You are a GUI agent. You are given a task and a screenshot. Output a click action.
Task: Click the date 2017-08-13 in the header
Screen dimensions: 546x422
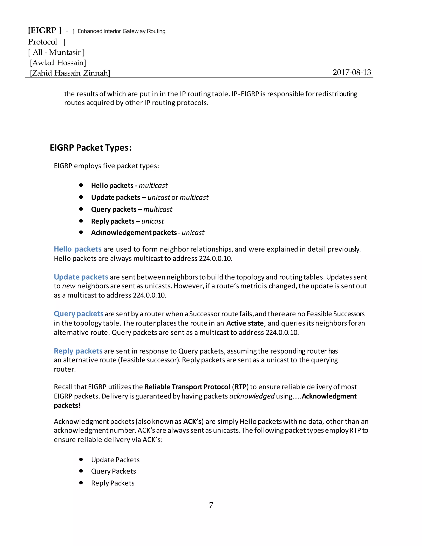(352, 73)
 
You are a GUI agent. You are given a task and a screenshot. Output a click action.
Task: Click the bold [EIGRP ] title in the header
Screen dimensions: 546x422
(45, 30)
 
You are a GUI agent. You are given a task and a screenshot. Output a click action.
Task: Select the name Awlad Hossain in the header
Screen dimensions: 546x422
(58, 63)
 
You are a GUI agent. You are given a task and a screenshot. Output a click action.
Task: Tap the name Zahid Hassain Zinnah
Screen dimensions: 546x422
(70, 73)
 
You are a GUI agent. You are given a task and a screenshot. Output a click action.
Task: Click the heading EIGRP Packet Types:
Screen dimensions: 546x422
(90, 148)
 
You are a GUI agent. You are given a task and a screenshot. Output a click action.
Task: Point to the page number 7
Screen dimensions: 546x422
(211, 505)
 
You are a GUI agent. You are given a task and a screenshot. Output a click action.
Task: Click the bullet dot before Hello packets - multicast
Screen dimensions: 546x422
(81, 185)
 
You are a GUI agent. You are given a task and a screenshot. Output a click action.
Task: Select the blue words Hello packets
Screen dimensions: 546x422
(77, 249)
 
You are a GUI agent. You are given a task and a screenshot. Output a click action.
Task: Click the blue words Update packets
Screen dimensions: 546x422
(81, 277)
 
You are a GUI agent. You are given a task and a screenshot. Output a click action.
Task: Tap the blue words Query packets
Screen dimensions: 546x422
(79, 314)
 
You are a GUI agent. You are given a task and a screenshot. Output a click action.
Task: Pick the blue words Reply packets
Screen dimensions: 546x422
(78, 351)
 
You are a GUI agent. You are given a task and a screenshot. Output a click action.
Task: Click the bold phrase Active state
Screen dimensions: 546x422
(245, 323)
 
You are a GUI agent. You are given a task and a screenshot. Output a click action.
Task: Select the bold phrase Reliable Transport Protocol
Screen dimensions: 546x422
(187, 387)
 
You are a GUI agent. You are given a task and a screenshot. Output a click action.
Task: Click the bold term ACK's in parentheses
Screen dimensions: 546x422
(192, 422)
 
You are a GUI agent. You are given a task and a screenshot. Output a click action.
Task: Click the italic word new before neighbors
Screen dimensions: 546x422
(68, 286)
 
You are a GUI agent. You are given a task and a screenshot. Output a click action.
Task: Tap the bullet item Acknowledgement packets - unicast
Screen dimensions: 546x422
(148, 233)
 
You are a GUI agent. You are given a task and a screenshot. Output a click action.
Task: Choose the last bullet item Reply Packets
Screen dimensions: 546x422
(113, 483)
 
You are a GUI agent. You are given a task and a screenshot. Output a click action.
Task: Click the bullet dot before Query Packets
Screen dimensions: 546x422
(81, 471)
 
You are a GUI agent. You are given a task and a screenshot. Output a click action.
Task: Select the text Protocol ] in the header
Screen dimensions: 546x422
(46, 42)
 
